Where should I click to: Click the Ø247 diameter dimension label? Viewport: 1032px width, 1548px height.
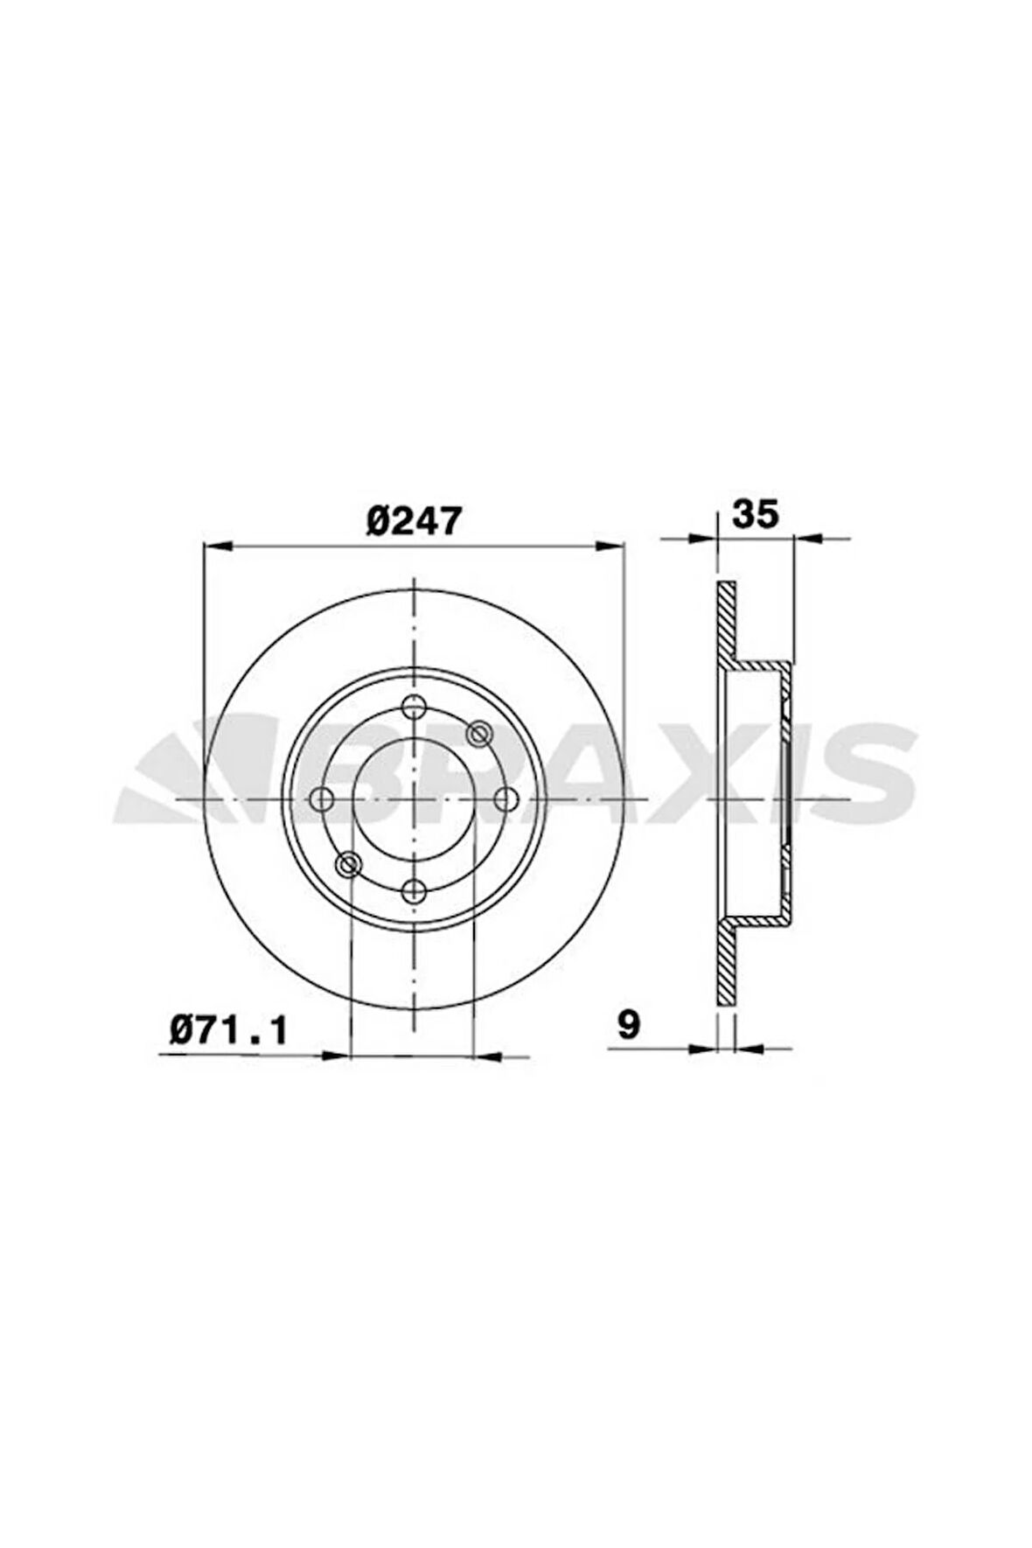point(413,522)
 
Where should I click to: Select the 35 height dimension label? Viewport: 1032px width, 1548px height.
point(755,515)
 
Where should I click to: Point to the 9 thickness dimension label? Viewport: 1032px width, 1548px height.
point(628,1025)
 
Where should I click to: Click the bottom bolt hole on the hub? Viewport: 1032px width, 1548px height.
point(413,892)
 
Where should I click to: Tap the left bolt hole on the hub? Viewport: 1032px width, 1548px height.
point(323,798)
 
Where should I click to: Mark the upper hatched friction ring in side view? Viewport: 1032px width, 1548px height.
point(725,621)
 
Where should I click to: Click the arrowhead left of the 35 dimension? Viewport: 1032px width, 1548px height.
point(702,540)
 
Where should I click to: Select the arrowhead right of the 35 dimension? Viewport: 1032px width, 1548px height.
point(808,540)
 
